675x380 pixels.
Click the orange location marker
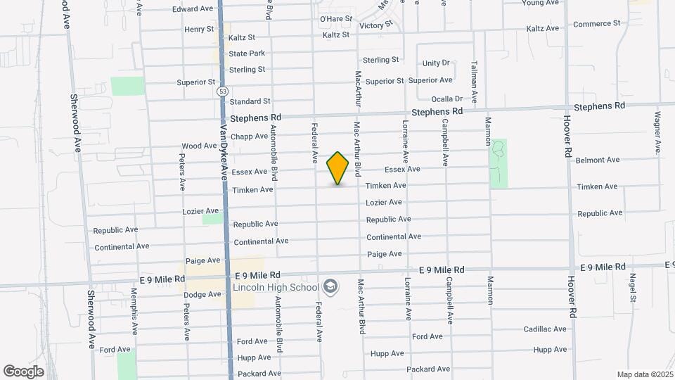click(x=338, y=168)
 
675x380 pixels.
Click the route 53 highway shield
click(x=222, y=91)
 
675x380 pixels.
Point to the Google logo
click(x=24, y=371)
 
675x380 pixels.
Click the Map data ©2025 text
click(x=645, y=374)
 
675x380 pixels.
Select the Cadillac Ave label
click(x=545, y=329)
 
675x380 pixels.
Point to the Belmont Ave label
click(x=597, y=160)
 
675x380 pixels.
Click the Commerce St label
click(x=596, y=24)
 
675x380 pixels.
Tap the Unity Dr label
click(x=435, y=63)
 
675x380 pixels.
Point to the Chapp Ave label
click(x=250, y=137)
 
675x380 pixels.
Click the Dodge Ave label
click(x=202, y=294)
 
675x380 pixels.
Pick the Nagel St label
click(x=633, y=289)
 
